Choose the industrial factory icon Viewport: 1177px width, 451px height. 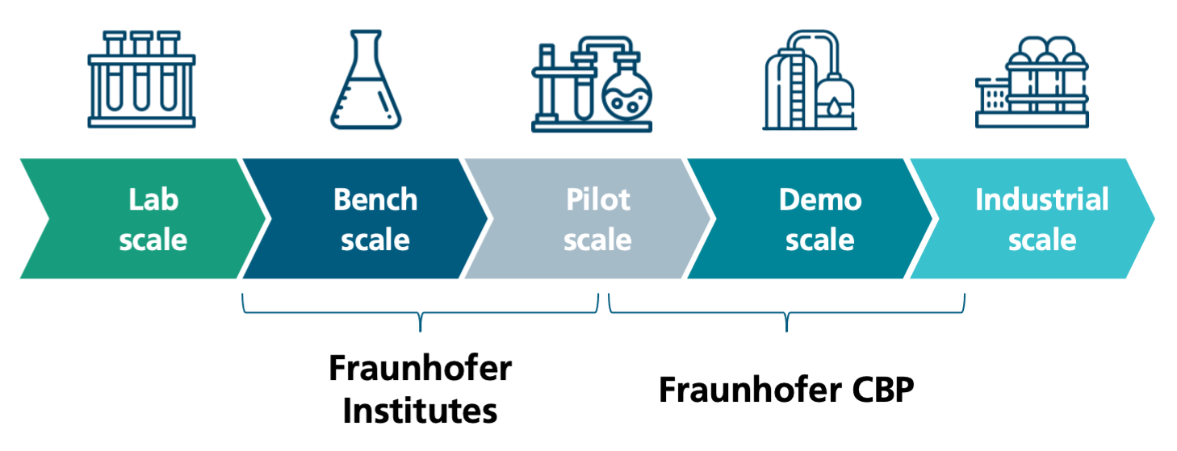pos(1032,83)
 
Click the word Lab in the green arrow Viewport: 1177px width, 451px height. pos(153,199)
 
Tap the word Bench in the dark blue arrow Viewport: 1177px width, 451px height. pos(375,199)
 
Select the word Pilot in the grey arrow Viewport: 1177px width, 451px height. pos(598,199)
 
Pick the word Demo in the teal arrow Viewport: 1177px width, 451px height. pos(820,199)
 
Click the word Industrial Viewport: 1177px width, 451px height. pos(1041,199)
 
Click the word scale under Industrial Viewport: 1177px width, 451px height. pos(1041,240)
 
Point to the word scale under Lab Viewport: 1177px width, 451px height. pos(153,240)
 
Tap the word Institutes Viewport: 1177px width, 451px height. pos(420,411)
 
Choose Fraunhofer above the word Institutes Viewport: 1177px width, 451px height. pos(420,369)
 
